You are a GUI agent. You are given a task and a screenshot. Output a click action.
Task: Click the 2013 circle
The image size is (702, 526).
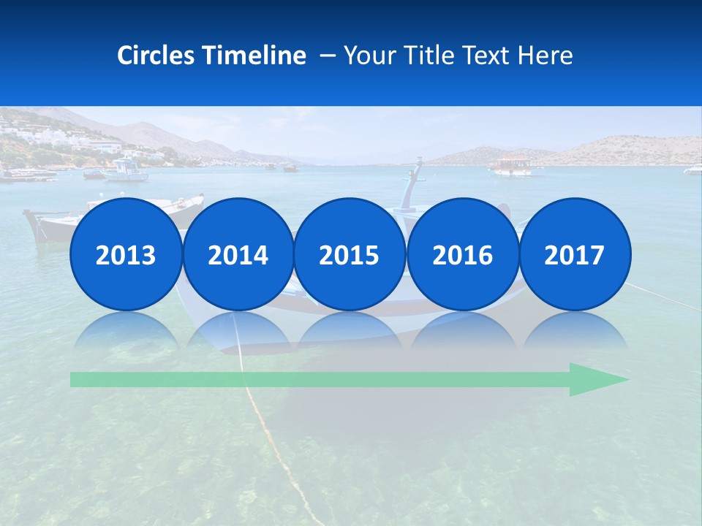click(x=126, y=255)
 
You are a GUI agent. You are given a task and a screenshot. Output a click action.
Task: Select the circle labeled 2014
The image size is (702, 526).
click(x=238, y=255)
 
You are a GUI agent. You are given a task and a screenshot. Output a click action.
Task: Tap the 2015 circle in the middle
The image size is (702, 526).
click(x=350, y=255)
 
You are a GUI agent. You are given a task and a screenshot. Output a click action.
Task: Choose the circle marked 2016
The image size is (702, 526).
click(x=462, y=255)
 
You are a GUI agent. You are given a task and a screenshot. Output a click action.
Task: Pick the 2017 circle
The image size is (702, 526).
click(x=575, y=255)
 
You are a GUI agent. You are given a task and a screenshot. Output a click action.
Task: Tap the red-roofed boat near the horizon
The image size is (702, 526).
click(x=511, y=166)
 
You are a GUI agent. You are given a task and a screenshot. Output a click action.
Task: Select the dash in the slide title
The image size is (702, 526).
click(x=327, y=56)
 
